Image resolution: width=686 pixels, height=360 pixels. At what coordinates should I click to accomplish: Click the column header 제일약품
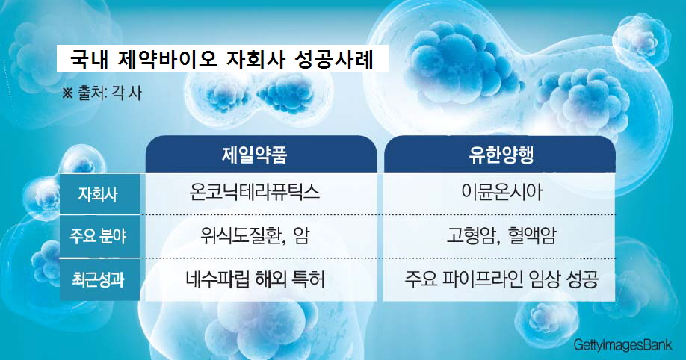point(254,155)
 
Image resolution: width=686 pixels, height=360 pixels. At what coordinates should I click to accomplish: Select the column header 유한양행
point(501,155)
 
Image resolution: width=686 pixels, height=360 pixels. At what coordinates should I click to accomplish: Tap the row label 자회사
point(98,193)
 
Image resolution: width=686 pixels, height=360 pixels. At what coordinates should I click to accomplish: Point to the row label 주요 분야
point(98,236)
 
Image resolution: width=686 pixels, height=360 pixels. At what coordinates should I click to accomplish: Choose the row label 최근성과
point(98,279)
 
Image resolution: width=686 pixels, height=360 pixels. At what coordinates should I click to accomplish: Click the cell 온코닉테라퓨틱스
point(255,193)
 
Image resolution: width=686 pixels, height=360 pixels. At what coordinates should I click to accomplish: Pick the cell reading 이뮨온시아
point(501,193)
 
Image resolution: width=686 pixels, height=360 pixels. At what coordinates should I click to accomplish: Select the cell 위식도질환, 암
point(255,236)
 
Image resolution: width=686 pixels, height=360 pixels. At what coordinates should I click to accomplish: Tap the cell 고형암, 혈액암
point(501,236)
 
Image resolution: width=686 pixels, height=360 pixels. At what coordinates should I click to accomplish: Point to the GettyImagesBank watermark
point(623,345)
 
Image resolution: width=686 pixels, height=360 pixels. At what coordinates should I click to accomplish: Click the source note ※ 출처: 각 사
point(102,93)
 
